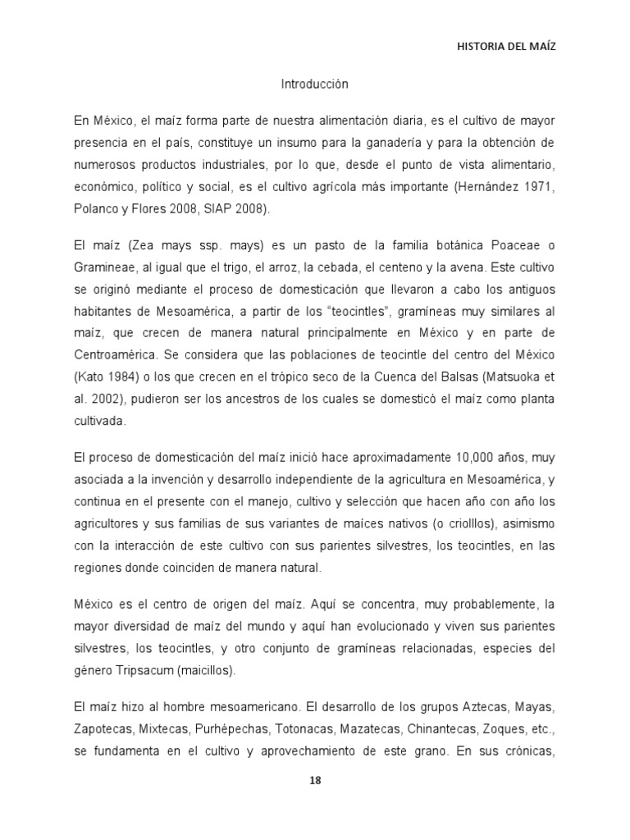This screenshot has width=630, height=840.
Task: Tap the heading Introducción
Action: tap(315, 84)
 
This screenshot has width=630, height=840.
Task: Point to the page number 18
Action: tap(315, 780)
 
